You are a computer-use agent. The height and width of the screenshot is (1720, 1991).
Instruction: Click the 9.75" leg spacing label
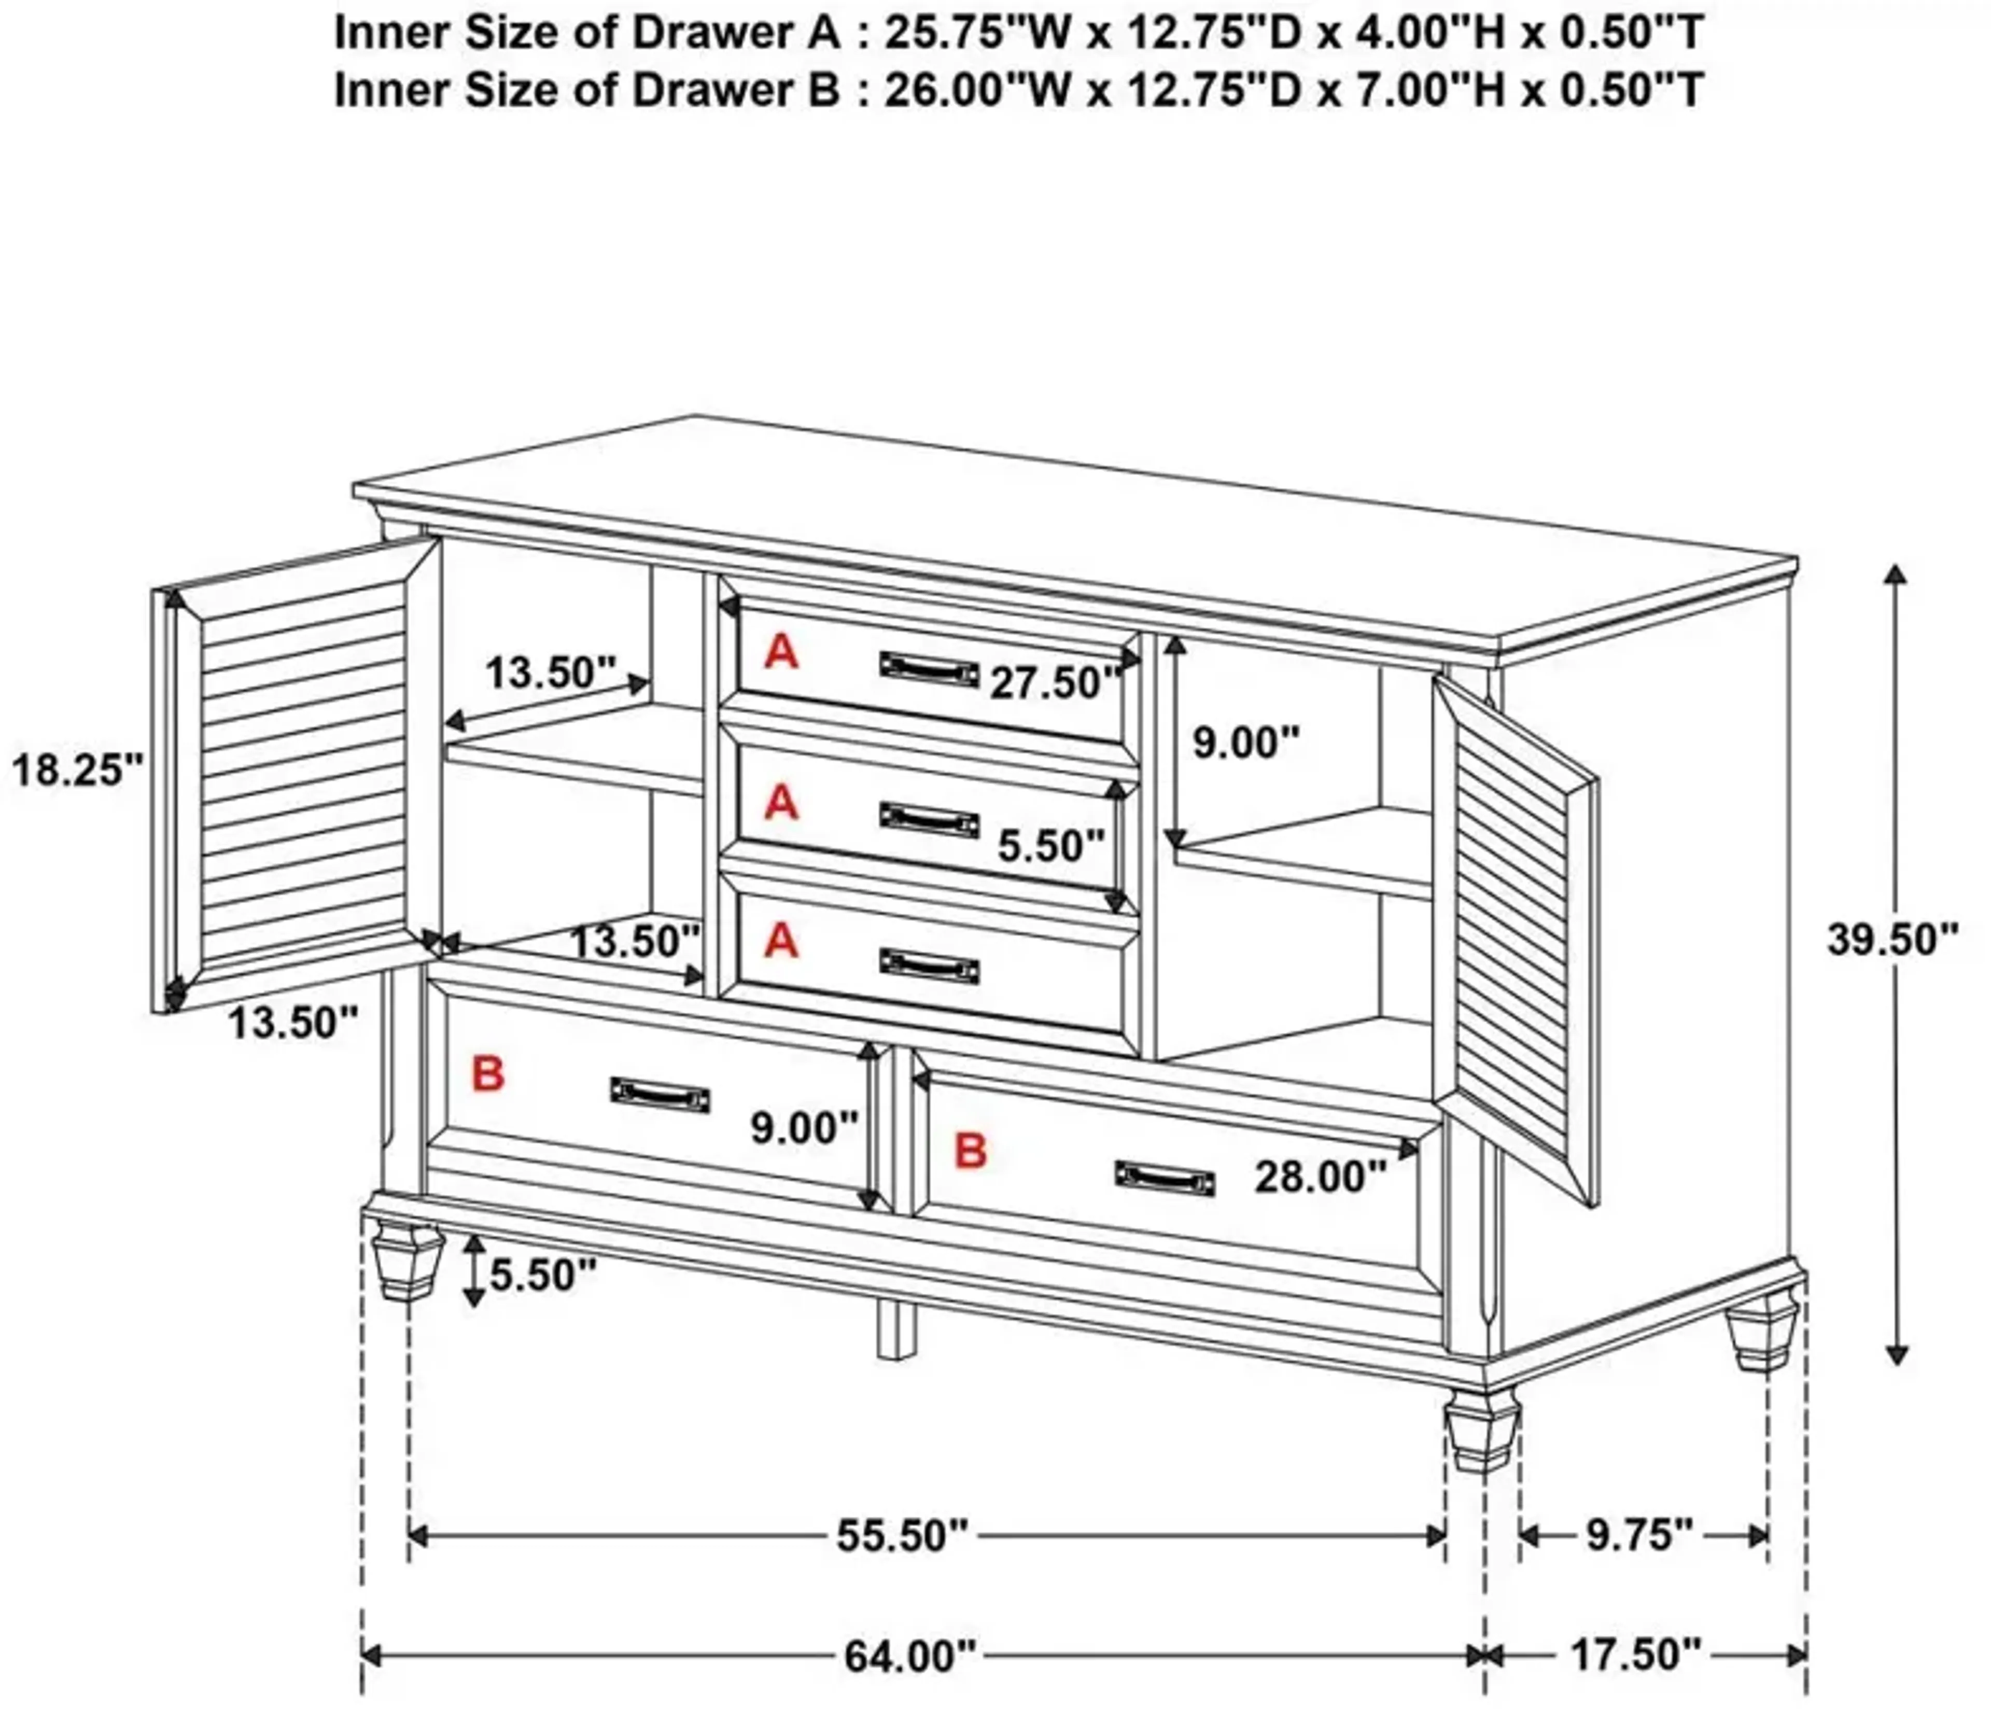click(1638, 1534)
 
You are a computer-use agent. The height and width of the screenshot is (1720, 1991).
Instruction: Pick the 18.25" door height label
click(77, 770)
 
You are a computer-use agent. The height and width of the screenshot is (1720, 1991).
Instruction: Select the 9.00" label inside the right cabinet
click(1245, 743)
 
